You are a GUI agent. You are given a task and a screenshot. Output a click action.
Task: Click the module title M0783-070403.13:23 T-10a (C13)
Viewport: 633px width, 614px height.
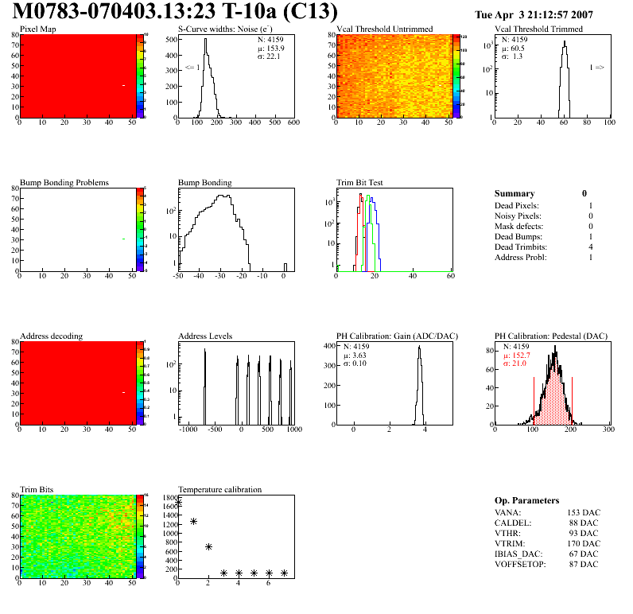(176, 13)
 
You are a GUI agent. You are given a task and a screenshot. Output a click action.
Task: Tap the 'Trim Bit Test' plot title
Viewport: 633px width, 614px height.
(360, 182)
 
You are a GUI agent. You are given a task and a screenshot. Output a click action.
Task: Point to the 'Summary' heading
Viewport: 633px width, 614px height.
(515, 193)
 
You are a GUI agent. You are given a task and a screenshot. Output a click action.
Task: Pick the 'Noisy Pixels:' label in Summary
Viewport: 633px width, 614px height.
(518, 216)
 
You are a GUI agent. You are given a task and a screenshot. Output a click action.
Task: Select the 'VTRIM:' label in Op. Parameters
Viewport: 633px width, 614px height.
(509, 543)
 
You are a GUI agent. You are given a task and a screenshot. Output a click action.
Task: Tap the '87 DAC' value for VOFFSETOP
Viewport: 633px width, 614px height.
(584, 564)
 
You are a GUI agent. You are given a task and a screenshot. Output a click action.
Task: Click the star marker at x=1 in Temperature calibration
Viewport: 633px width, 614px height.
(193, 522)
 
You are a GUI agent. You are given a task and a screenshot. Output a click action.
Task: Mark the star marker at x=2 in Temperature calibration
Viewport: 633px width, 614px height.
(208, 547)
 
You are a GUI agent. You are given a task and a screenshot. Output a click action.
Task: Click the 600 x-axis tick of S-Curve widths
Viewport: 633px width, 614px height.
(293, 124)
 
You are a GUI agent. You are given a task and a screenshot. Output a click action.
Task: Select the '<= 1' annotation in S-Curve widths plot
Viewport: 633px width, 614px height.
(192, 68)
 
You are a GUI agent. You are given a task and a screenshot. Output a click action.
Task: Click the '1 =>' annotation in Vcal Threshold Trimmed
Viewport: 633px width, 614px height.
(596, 68)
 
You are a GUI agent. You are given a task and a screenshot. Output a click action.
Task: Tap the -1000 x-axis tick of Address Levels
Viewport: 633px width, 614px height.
(188, 429)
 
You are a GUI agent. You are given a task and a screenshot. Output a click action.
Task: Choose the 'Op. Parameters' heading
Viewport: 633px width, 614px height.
(526, 500)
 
